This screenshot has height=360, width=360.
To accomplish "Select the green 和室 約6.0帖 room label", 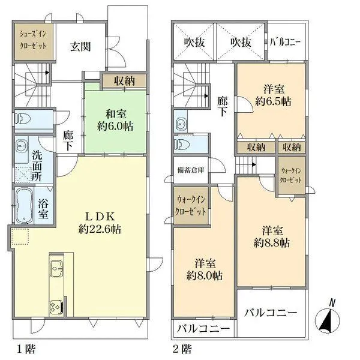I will coord(116,120).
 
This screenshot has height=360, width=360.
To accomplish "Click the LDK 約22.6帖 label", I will coord(99,222).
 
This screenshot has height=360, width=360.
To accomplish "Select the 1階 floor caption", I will coord(24,349).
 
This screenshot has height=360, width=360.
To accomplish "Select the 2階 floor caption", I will coord(182,349).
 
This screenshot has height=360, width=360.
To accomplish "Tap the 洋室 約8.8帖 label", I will coord(272,236).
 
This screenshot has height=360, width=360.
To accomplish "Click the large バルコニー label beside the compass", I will coord(271,313).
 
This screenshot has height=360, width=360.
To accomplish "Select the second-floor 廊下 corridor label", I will coord(222,107).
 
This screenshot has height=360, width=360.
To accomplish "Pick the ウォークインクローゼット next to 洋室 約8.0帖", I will coord(191,206).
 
